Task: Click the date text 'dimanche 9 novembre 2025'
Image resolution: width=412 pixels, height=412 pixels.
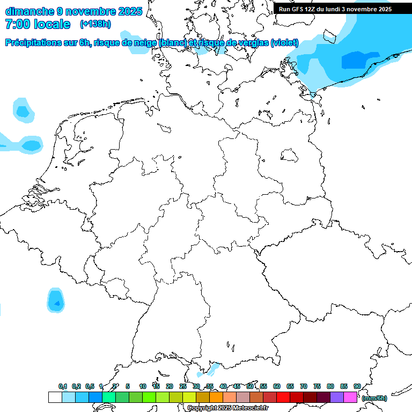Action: [x=73, y=11]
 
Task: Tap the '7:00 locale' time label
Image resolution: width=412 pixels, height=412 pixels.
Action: [x=38, y=24]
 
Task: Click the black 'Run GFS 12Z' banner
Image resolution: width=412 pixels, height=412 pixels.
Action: [x=335, y=9]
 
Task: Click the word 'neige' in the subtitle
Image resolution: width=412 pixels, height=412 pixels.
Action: [x=139, y=43]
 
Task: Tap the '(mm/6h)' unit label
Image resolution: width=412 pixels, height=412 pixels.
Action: [x=374, y=398]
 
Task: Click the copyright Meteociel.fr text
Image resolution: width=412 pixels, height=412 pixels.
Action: [x=227, y=408]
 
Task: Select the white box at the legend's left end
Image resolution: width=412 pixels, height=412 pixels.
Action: [x=55, y=398]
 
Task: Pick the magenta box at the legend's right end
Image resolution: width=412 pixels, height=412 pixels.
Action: [x=350, y=398]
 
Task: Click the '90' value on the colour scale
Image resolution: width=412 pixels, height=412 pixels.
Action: [x=357, y=386]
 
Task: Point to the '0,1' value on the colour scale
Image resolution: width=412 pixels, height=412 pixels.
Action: [x=63, y=386]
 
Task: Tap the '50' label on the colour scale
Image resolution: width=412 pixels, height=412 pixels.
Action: [x=250, y=386]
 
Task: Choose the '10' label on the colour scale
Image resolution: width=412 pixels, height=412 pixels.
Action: [x=143, y=386]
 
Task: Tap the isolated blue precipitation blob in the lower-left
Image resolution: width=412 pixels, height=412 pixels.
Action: [x=56, y=301]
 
